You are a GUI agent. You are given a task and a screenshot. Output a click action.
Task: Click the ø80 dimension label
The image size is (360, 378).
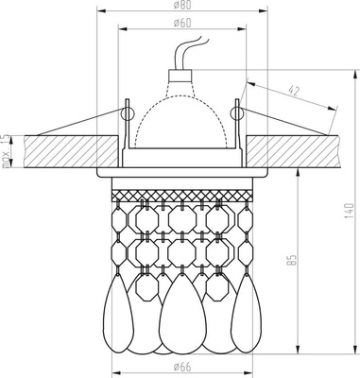coord(182,5)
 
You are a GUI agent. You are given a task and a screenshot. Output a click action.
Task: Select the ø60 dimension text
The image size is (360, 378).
coord(182,23)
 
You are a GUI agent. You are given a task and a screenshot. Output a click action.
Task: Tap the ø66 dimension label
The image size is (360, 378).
coord(182,367)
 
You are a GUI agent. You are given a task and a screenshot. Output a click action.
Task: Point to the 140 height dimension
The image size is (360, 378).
coord(350,211)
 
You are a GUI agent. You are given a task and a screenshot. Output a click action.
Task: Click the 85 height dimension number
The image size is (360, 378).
coord(293,260)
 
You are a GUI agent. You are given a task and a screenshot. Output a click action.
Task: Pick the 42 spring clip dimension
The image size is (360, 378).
coord(294,91)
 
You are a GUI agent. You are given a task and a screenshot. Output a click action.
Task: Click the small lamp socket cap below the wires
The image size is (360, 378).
coord(180,75)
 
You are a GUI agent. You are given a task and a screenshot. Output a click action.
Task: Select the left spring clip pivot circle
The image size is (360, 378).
coord(128,113)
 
